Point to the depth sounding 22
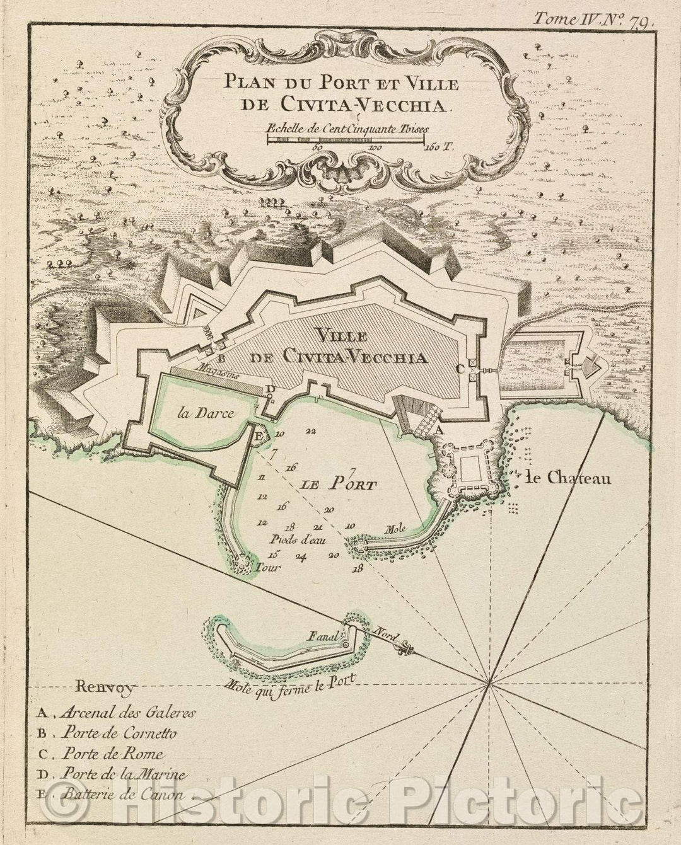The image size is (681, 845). pos(310,431)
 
